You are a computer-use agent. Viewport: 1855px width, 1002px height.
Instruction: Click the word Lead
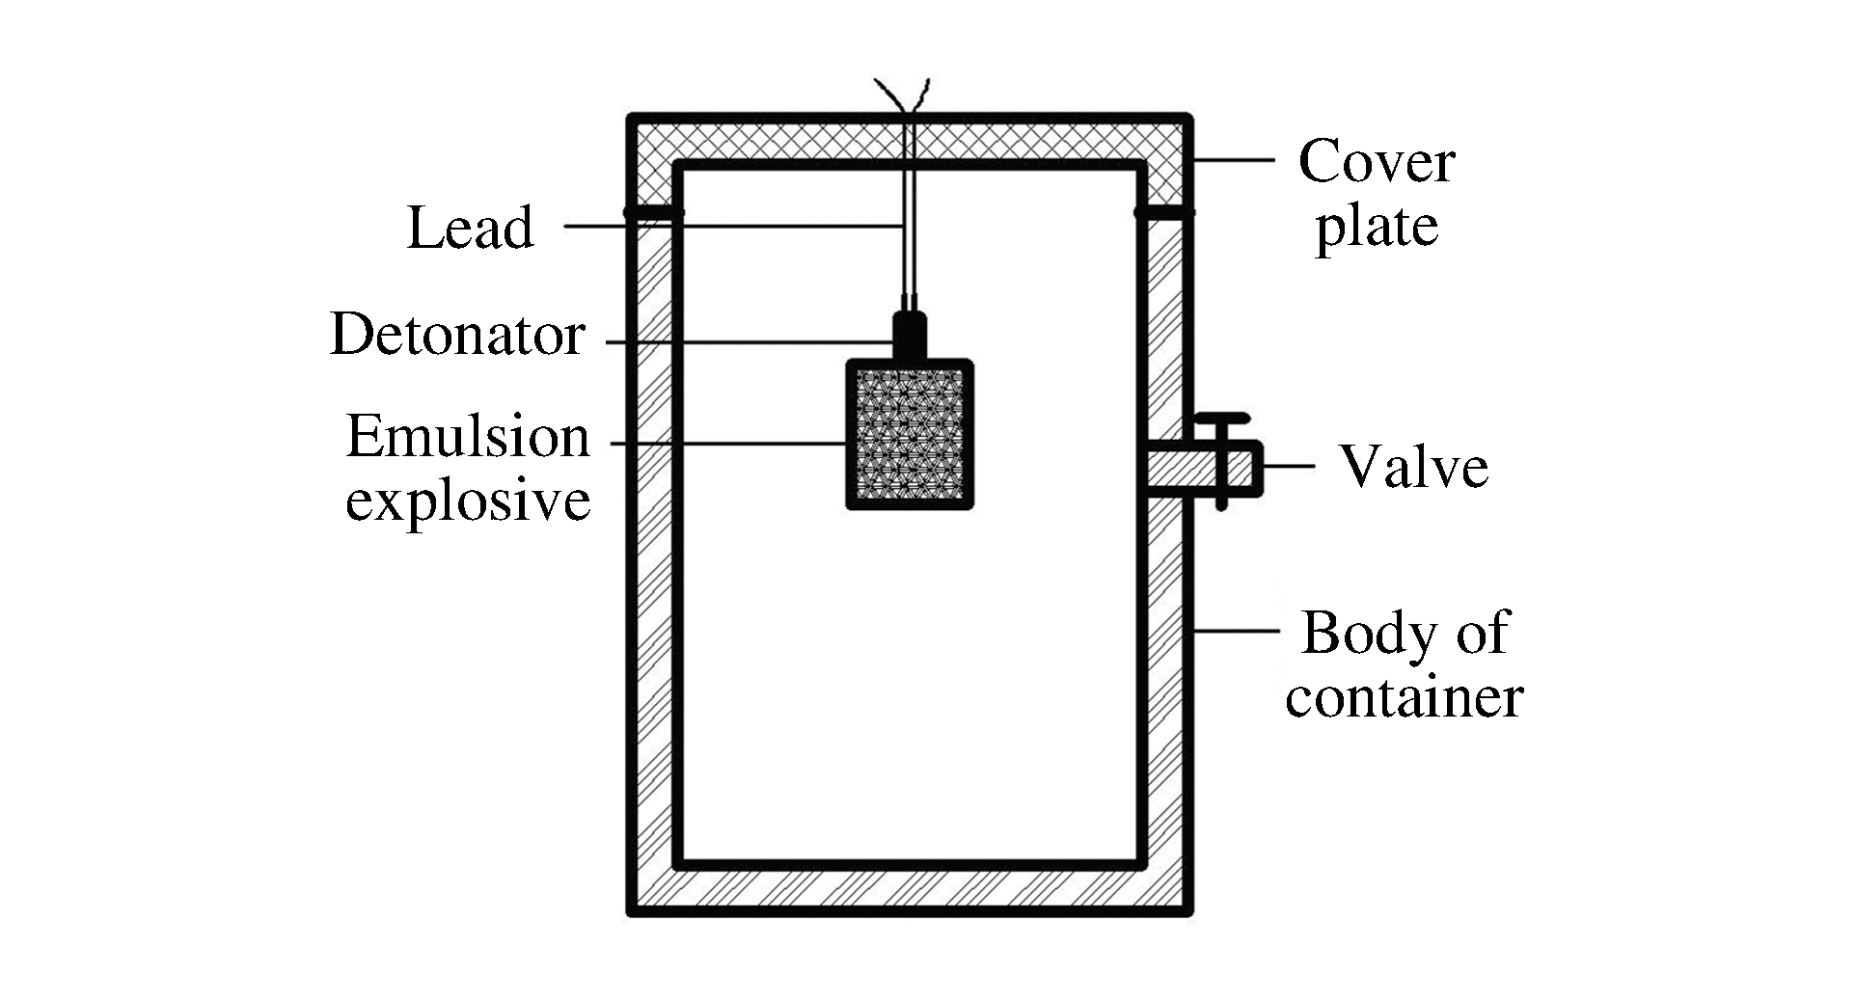click(x=470, y=229)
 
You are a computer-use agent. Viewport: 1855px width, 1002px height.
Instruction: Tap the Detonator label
click(x=457, y=336)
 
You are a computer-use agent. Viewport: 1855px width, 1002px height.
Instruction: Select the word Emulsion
click(x=468, y=437)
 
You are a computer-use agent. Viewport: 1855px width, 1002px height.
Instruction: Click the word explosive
click(x=468, y=501)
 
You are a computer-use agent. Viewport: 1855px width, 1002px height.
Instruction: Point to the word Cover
click(x=1376, y=162)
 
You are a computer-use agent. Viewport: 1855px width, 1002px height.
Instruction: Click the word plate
click(x=1377, y=228)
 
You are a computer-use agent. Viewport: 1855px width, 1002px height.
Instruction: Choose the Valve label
click(x=1413, y=467)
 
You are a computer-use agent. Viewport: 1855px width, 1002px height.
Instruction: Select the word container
click(x=1404, y=696)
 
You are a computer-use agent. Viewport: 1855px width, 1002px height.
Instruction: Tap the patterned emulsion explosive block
click(x=910, y=434)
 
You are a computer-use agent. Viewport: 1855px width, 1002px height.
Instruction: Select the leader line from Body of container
click(x=1237, y=632)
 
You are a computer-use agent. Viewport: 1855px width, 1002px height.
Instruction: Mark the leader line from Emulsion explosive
click(x=728, y=444)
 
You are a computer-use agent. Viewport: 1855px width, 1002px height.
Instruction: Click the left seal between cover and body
click(x=653, y=212)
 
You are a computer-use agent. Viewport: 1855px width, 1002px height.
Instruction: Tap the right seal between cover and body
click(x=1164, y=212)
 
